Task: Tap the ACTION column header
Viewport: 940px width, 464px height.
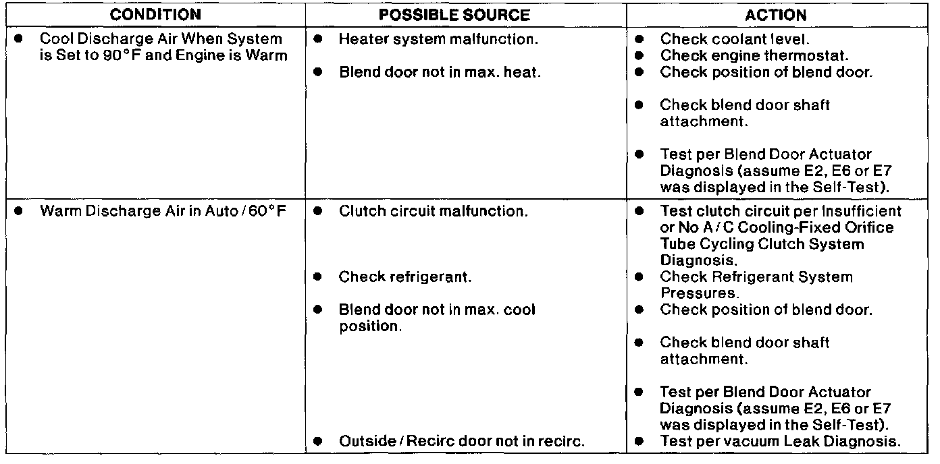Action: point(775,14)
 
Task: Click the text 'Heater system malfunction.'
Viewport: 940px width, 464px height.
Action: point(438,39)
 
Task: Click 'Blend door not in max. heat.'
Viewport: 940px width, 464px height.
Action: point(440,72)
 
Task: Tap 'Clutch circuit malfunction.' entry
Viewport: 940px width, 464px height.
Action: point(433,211)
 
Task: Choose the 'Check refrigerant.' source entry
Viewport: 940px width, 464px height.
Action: point(395,277)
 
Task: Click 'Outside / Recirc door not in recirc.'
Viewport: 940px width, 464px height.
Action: point(461,442)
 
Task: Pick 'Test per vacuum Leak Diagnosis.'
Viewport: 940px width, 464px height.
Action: point(780,442)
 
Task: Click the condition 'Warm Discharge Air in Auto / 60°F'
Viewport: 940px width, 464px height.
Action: point(163,211)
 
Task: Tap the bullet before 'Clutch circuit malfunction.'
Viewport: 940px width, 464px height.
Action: point(317,211)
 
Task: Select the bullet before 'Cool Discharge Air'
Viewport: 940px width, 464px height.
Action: point(18,39)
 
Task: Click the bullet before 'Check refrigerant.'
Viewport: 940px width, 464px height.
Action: point(317,277)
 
